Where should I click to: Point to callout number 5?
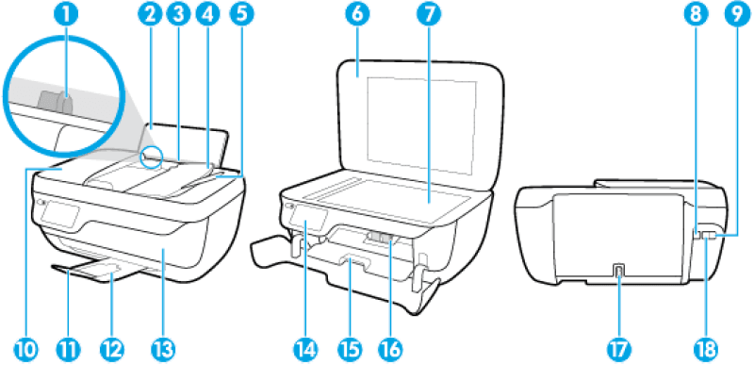point(241,15)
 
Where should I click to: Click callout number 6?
point(359,15)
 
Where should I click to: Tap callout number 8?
point(696,15)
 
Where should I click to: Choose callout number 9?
point(735,15)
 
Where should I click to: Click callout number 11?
point(69,349)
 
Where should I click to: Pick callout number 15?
point(350,349)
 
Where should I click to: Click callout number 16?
point(391,349)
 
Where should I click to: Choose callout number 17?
point(618,349)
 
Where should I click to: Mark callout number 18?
point(704,349)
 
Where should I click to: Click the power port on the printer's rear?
point(618,272)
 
